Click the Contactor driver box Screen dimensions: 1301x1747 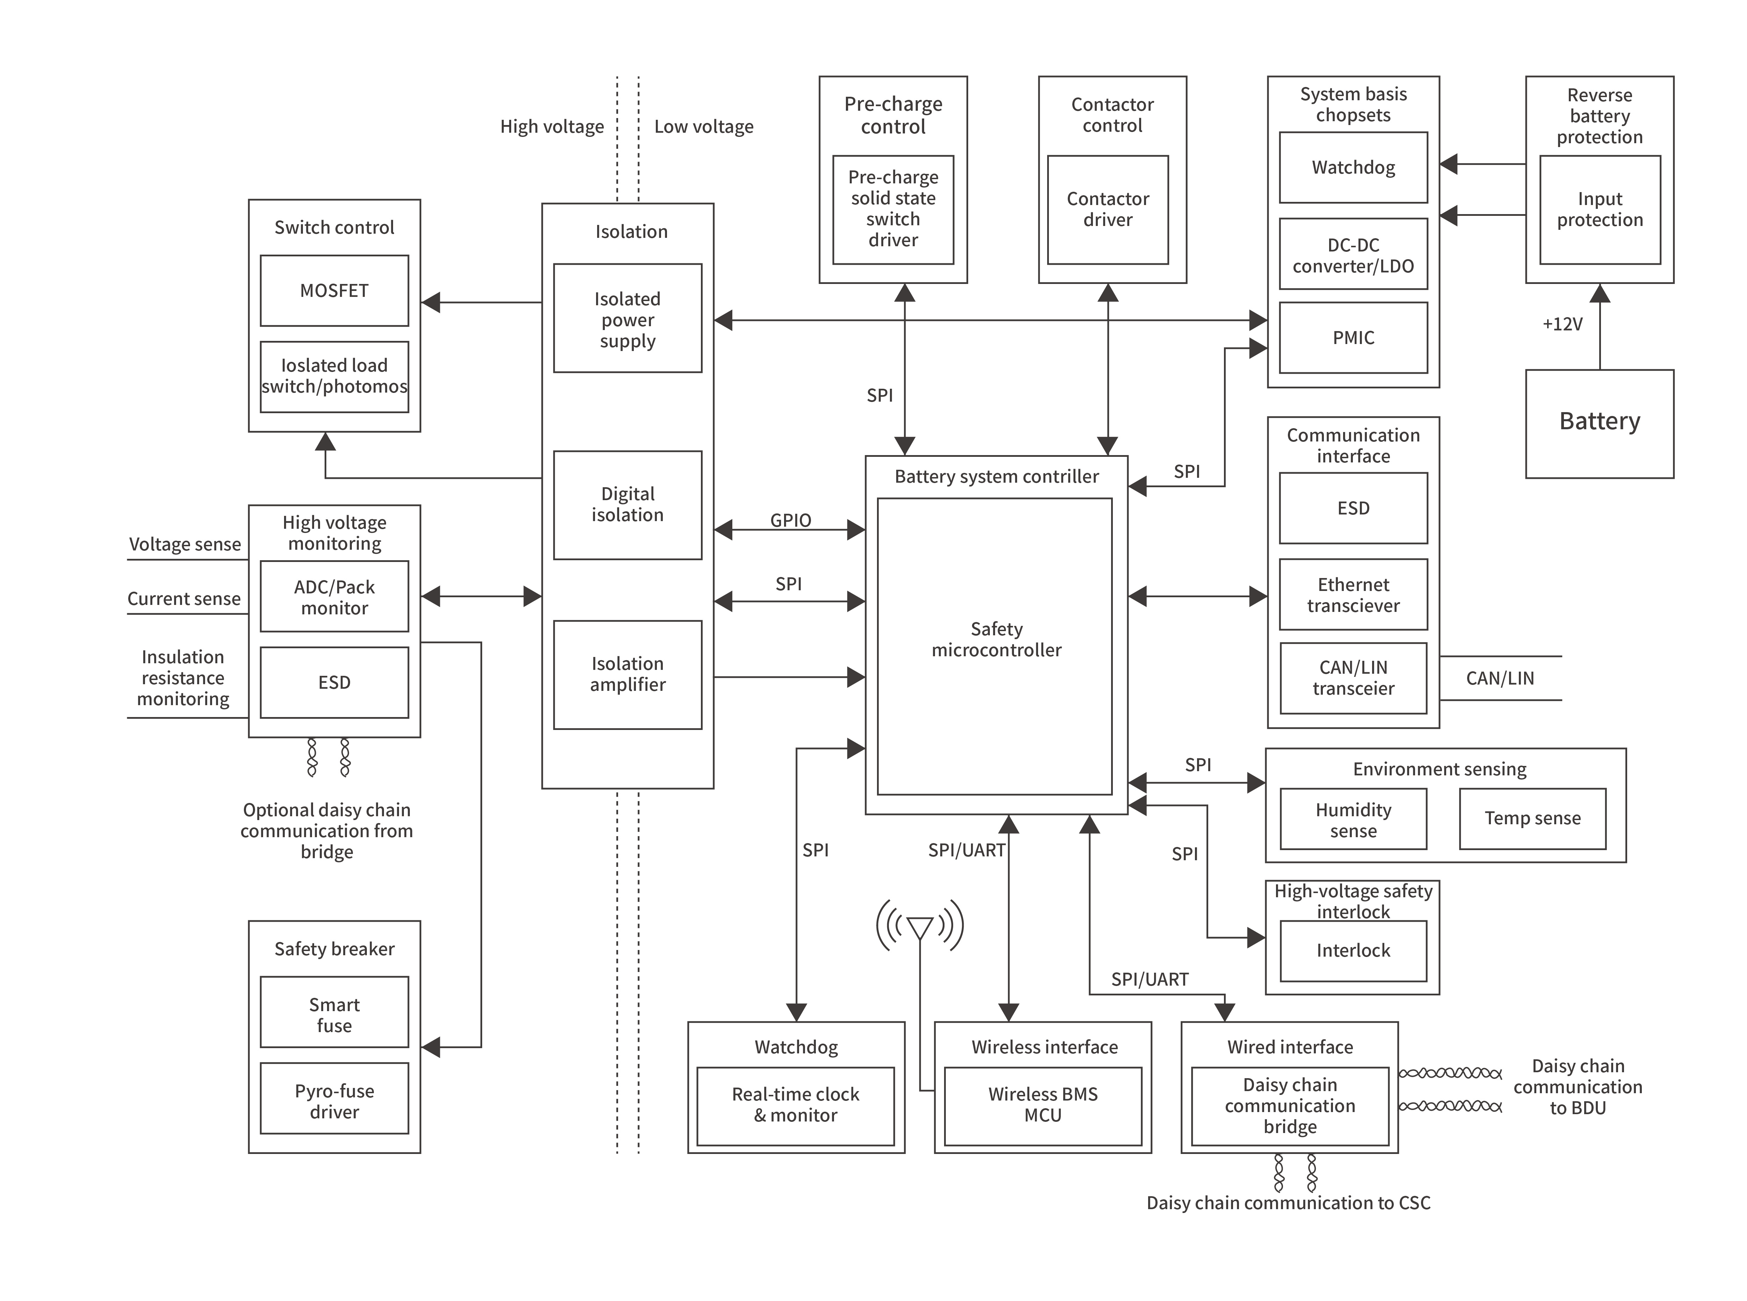(1108, 210)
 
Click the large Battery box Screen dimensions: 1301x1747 (1599, 423)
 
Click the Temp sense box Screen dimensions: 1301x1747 (1532, 818)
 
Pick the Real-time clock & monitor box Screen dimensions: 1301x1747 (796, 1105)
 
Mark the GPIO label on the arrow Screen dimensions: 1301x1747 (790, 520)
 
